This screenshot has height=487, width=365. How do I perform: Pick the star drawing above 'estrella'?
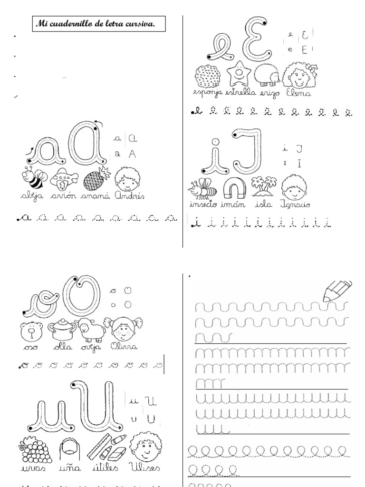(239, 74)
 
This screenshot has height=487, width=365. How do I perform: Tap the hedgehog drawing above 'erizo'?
(267, 76)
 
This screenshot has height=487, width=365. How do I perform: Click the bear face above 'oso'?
(31, 332)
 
